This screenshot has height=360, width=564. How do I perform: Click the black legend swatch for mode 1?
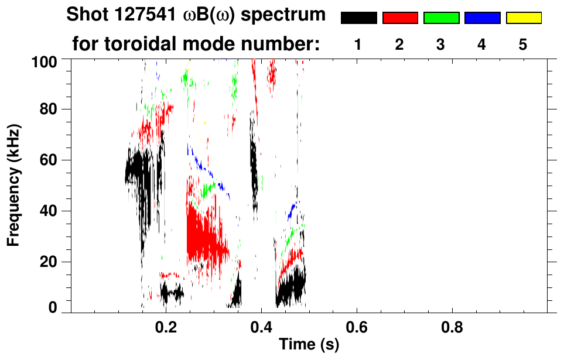click(358, 18)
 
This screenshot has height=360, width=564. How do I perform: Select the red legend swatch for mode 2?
click(400, 18)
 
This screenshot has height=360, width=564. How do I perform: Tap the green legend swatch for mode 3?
click(441, 18)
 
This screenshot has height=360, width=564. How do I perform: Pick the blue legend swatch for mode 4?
click(482, 18)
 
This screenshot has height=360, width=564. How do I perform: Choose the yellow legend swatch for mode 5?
click(523, 18)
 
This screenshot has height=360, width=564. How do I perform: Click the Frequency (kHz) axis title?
click(13, 184)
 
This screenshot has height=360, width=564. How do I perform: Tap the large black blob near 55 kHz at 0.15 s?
click(139, 170)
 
